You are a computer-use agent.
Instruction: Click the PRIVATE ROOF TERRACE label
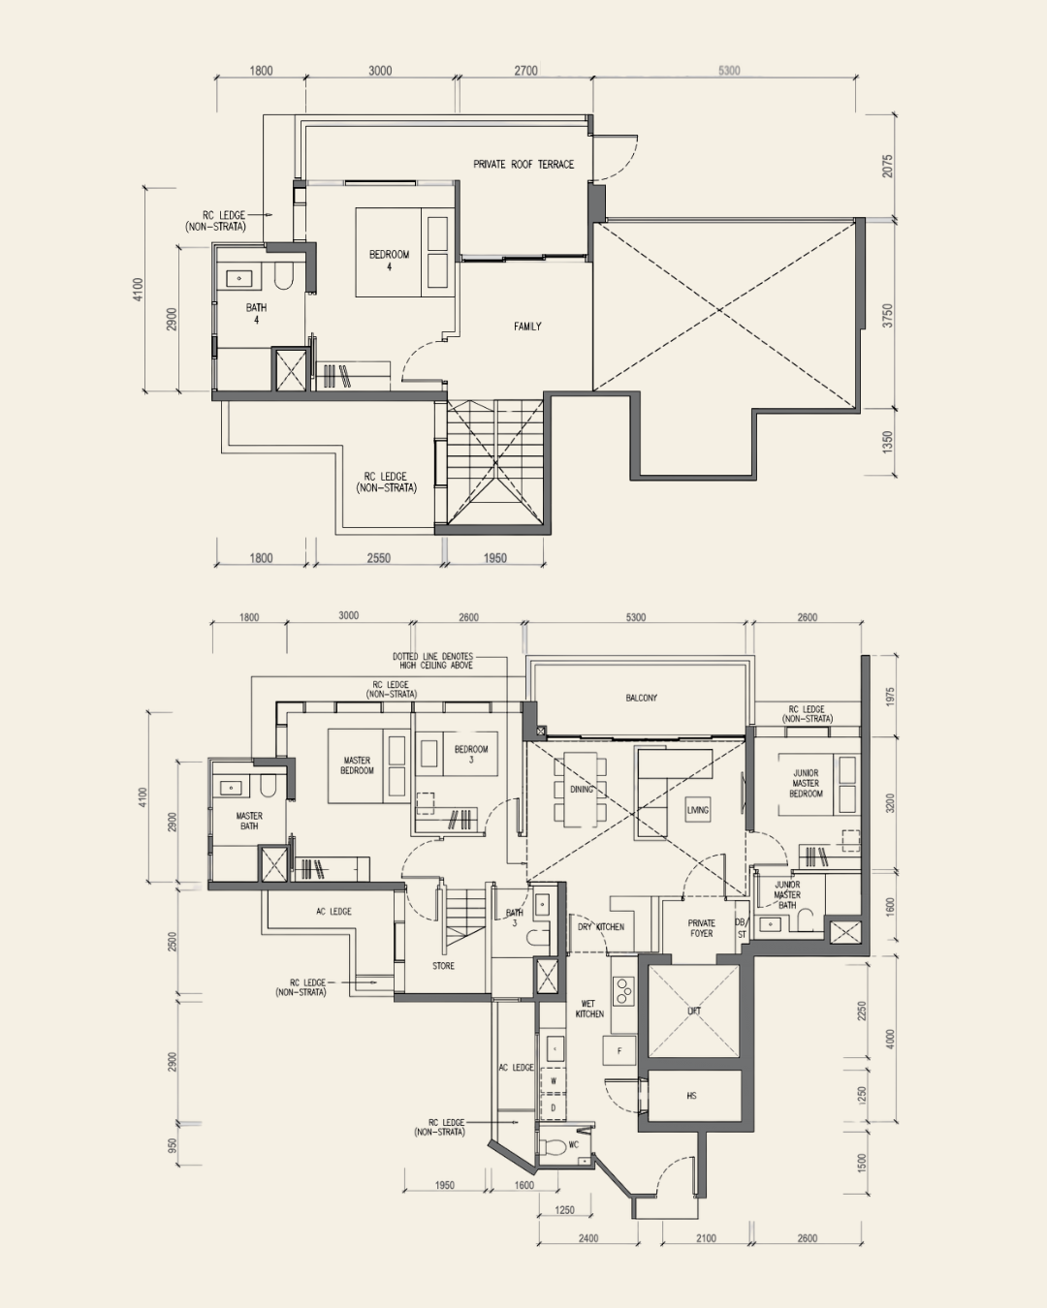pos(523,164)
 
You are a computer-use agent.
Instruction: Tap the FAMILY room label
pos(527,327)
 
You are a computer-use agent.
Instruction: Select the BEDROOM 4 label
pos(390,260)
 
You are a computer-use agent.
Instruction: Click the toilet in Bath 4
pos(283,275)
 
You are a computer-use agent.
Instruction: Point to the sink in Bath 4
pos(238,278)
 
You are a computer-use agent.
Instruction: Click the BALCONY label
pos(641,698)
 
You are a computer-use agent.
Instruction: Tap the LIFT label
pos(694,1011)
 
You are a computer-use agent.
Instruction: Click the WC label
pos(573,1144)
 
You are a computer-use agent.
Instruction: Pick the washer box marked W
pos(553,1081)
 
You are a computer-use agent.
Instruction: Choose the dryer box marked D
pos(553,1107)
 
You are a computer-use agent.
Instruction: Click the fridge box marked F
pos(619,1050)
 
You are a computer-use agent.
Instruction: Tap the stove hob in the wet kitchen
pos(623,991)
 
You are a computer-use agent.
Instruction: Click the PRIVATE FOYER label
pos(702,928)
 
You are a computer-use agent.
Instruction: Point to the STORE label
pos(443,965)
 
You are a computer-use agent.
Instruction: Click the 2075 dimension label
pos(888,166)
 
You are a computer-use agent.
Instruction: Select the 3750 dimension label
pos(888,316)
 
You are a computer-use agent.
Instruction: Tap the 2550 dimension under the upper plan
pos(378,558)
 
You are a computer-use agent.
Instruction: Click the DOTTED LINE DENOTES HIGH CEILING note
pos(432,661)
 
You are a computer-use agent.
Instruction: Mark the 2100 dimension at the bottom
pos(707,1237)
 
